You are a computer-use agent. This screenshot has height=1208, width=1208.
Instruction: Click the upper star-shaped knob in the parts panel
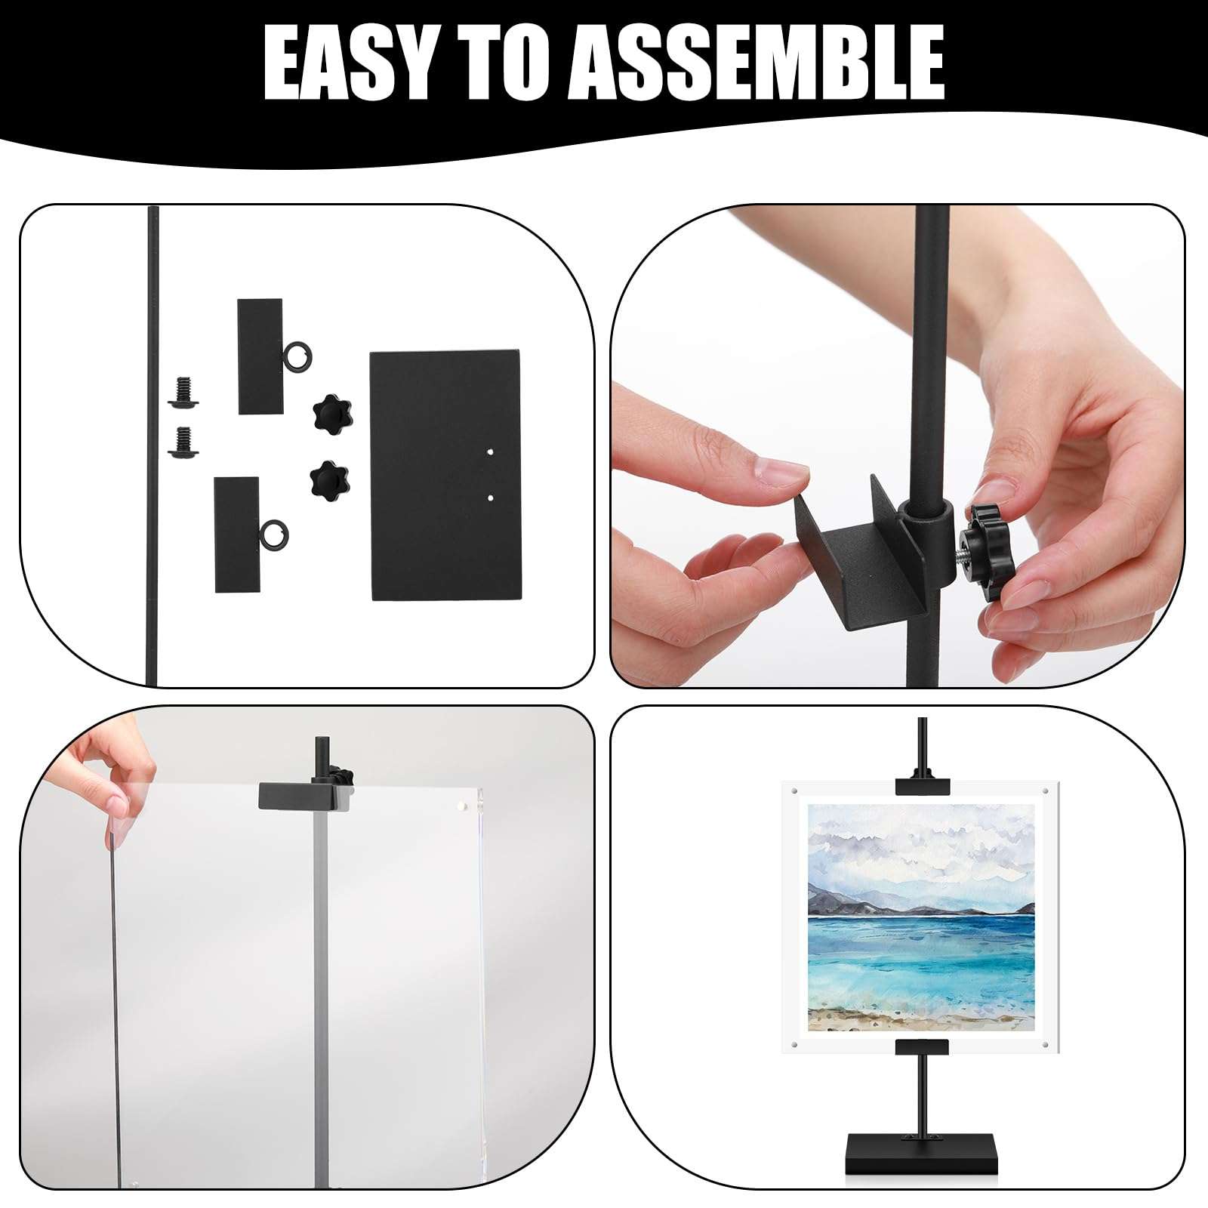[329, 411]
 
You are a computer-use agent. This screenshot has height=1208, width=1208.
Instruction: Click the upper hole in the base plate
[491, 452]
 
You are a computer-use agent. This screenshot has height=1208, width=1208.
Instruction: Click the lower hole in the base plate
[491, 498]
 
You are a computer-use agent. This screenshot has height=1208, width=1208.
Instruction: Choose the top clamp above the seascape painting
[922, 784]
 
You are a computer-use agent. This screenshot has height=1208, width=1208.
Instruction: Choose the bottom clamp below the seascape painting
[922, 1047]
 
